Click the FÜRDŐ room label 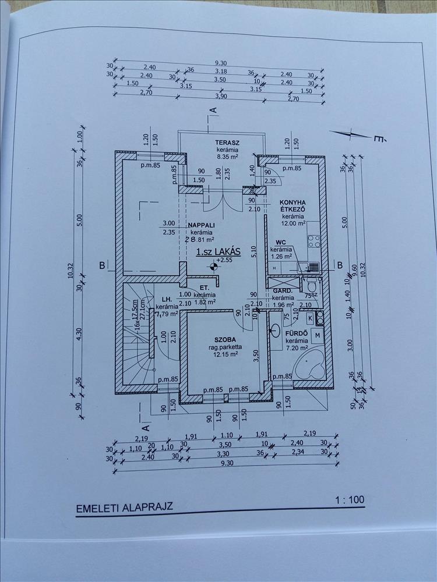(295, 333)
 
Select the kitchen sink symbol (308, 267)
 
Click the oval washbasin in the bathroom (274, 330)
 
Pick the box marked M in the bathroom (318, 336)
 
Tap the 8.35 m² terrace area (212, 157)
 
